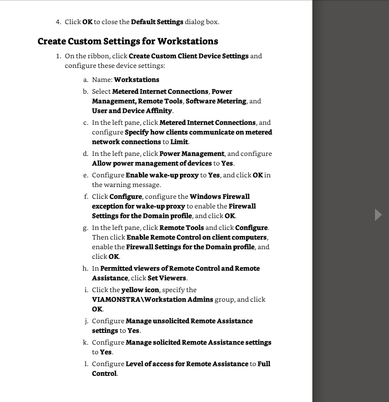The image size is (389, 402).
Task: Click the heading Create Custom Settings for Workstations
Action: click(x=127, y=41)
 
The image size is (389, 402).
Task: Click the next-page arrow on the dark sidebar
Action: click(x=378, y=215)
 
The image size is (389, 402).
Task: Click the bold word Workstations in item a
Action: click(x=136, y=80)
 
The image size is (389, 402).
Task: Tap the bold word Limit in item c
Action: click(x=179, y=142)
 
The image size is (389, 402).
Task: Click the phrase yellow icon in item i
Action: click(x=140, y=290)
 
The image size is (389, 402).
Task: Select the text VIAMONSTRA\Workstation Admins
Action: click(x=152, y=300)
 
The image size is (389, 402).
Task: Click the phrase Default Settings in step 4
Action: click(x=157, y=22)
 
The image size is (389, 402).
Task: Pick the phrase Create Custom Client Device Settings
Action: click(x=188, y=56)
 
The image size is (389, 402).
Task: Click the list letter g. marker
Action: click(x=85, y=228)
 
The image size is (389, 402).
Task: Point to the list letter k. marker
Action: click(x=85, y=342)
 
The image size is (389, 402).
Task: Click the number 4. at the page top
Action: click(x=58, y=22)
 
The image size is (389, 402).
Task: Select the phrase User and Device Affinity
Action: click(x=132, y=111)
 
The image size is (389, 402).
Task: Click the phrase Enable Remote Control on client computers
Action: click(x=197, y=237)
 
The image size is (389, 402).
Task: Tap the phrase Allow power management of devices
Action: click(x=152, y=163)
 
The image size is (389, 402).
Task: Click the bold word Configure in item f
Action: click(x=126, y=197)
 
